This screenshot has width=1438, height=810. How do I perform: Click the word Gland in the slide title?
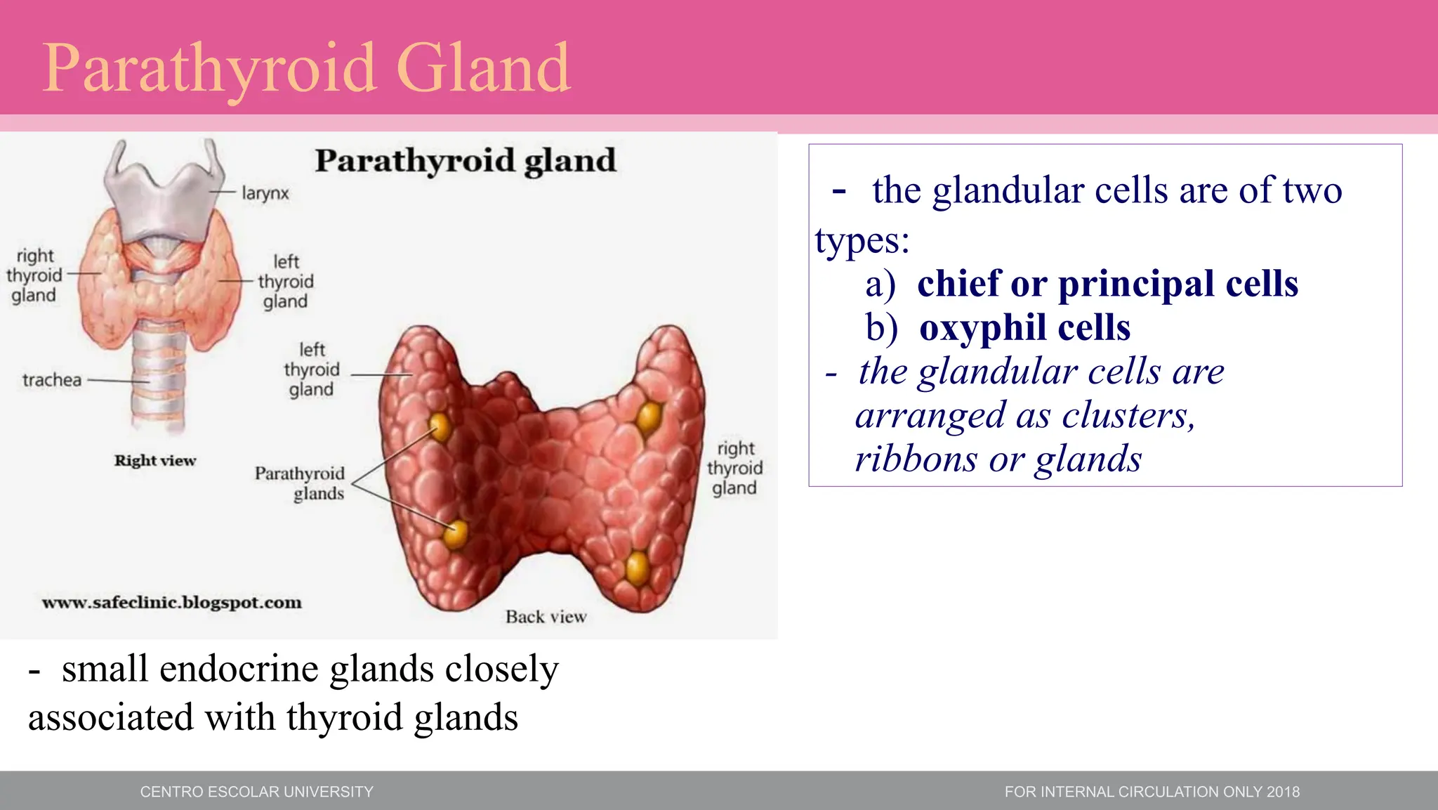click(x=483, y=68)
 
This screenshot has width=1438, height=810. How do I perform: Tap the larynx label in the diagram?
click(x=265, y=193)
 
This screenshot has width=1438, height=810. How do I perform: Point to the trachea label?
click(x=52, y=380)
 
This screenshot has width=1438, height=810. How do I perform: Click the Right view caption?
click(x=155, y=461)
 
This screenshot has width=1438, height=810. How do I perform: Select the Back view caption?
click(x=546, y=617)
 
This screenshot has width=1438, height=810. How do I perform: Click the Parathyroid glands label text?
click(x=301, y=483)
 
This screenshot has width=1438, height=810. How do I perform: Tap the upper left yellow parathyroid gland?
click(x=440, y=425)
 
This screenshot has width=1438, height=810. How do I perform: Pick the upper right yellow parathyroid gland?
click(x=649, y=417)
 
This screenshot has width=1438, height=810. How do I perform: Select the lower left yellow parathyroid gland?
click(x=456, y=534)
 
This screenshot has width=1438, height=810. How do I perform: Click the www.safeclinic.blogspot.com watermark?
click(x=172, y=603)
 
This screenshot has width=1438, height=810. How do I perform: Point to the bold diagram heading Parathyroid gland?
click(x=465, y=161)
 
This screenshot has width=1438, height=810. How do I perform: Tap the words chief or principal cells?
click(x=1107, y=284)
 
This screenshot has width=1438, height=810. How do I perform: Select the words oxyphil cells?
click(x=1024, y=328)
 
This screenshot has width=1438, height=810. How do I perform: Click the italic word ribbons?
click(x=916, y=459)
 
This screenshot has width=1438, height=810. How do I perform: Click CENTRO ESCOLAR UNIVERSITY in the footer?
click(x=256, y=792)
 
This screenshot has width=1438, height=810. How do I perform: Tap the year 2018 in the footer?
click(x=1283, y=792)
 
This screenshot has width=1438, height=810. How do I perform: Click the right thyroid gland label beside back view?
click(x=734, y=468)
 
